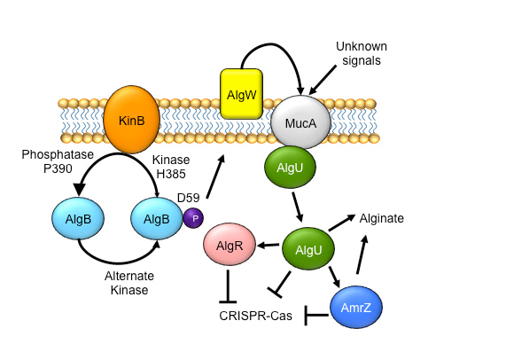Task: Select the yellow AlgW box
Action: [240, 93]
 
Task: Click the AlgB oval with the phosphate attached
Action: [156, 218]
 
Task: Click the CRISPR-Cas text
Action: [256, 315]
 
